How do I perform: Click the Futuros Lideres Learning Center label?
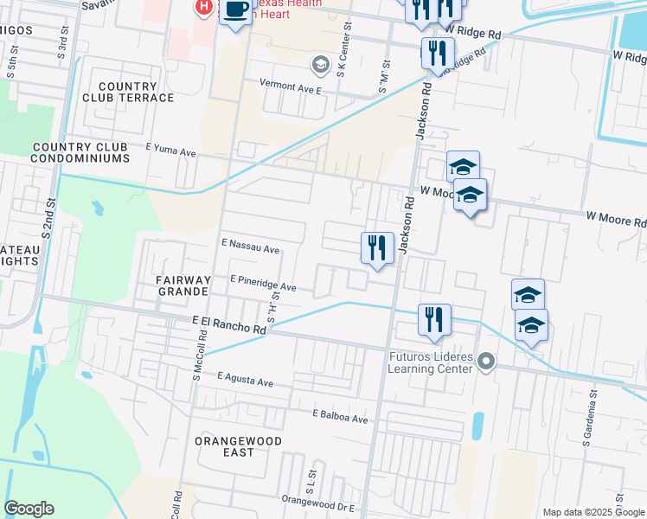(x=430, y=363)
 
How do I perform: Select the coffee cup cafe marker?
(x=235, y=10)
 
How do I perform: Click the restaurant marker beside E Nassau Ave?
(x=376, y=248)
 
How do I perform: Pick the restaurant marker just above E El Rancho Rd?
(x=434, y=319)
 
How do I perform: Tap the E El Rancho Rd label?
(x=228, y=325)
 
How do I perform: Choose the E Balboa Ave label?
(x=340, y=418)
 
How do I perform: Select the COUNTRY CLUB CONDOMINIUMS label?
(x=80, y=152)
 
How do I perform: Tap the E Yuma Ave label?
(x=171, y=151)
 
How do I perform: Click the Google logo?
(x=29, y=509)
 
